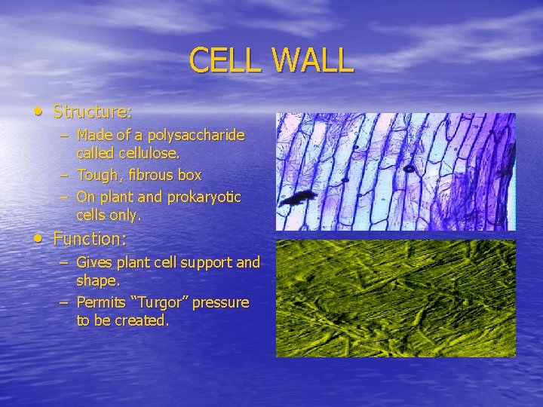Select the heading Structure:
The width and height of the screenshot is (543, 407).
pos(93,112)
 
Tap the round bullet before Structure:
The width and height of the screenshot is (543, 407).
pos(38,112)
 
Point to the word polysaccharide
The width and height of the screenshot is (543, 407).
pos(197,136)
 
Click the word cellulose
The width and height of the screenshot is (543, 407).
pos(151,153)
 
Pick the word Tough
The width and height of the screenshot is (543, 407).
pos(96,176)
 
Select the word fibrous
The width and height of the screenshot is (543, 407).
pos(150,176)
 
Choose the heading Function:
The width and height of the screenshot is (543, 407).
pos(90,240)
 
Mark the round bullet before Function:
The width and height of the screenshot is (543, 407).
pos(38,239)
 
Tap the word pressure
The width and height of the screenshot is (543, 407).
pos(220,303)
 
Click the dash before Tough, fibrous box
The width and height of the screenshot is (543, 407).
pos(65,176)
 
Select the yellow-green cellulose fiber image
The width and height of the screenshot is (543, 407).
pos(395,298)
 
